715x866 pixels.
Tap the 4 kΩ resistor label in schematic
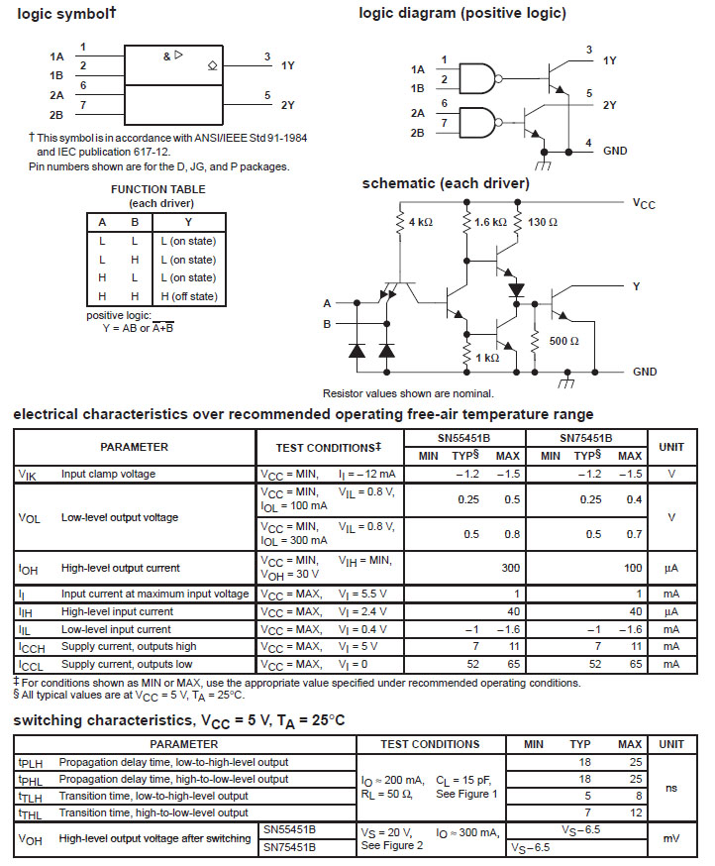pos(421,222)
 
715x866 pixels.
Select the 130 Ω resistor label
pos(543,222)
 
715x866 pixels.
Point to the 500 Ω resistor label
pos(563,340)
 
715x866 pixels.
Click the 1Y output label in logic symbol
pos(288,65)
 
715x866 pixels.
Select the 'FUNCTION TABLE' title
pos(158,189)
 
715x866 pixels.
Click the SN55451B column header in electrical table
pos(470,437)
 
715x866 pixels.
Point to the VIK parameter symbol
pos(27,474)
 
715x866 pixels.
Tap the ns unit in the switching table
pos(671,788)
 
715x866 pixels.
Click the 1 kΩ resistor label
pos(486,358)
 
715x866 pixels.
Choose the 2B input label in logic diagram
pos(417,132)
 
